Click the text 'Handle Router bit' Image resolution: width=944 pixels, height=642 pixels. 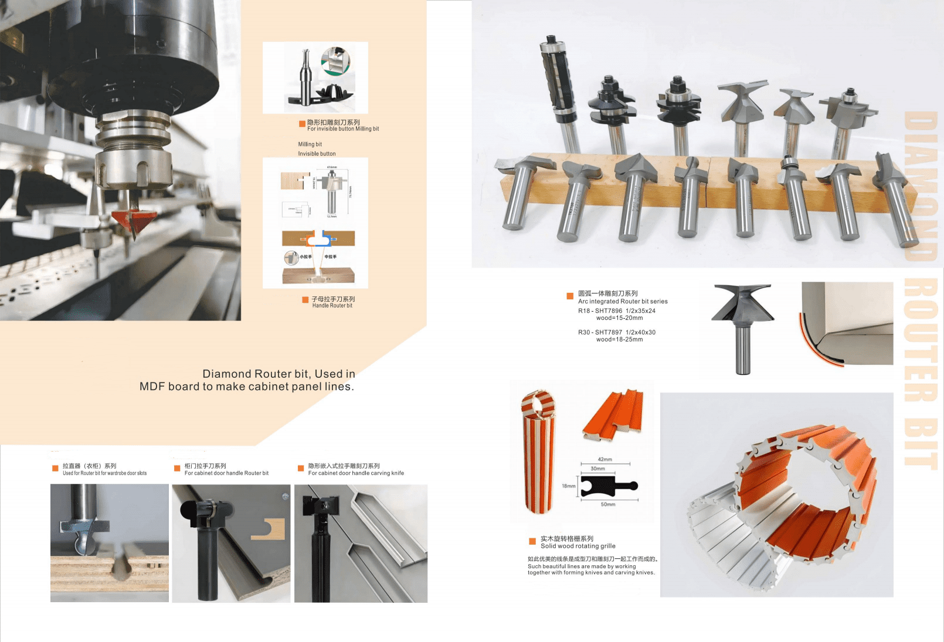[332, 306]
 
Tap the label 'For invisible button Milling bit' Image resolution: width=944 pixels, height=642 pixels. [343, 129]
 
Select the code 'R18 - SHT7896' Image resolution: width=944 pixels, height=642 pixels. [600, 311]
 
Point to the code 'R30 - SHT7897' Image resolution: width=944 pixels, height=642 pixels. [600, 332]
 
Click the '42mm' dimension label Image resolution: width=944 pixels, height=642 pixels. [605, 459]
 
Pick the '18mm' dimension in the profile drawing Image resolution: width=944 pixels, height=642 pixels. [568, 486]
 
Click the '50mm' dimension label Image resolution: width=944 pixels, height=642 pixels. [607, 504]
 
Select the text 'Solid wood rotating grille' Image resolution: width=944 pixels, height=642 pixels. [578, 546]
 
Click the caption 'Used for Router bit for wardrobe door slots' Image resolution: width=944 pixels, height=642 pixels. [104, 473]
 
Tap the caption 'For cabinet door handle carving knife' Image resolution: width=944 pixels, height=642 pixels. [356, 473]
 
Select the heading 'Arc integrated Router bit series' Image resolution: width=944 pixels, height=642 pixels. [623, 302]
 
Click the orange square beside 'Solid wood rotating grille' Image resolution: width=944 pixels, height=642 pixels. [532, 541]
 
